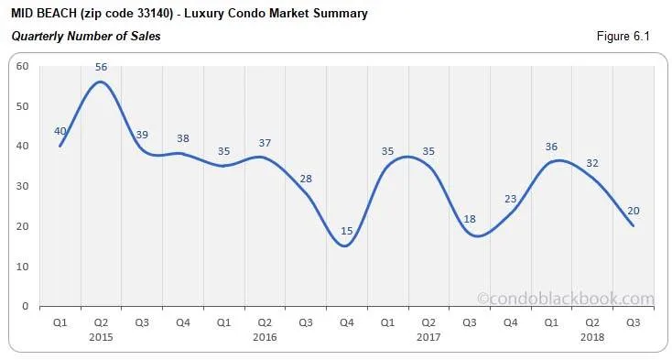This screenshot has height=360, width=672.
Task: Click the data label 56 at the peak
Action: pyautogui.click(x=101, y=67)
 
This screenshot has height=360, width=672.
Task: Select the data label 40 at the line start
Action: pyautogui.click(x=60, y=131)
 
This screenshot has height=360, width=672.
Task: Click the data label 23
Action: pyautogui.click(x=510, y=199)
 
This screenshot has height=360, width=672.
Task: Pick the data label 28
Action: pyautogui.click(x=306, y=179)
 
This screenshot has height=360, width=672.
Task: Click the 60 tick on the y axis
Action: pyautogui.click(x=23, y=66)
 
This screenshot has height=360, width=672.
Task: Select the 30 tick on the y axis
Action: pyautogui.click(x=23, y=186)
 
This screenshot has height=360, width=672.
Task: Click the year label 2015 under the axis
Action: pyautogui.click(x=101, y=337)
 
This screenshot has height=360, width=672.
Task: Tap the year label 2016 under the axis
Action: pyautogui.click(x=264, y=337)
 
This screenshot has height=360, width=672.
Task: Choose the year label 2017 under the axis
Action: pyautogui.click(x=427, y=337)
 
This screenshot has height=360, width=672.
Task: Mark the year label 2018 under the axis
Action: pyautogui.click(x=591, y=337)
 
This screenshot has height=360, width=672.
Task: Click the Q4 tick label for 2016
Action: pyautogui.click(x=345, y=322)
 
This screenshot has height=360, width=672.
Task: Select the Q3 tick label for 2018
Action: pyautogui.click(x=631, y=322)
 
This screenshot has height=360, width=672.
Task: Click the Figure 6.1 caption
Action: pyautogui.click(x=623, y=37)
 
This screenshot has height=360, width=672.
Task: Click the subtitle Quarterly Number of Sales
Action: pyautogui.click(x=85, y=37)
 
